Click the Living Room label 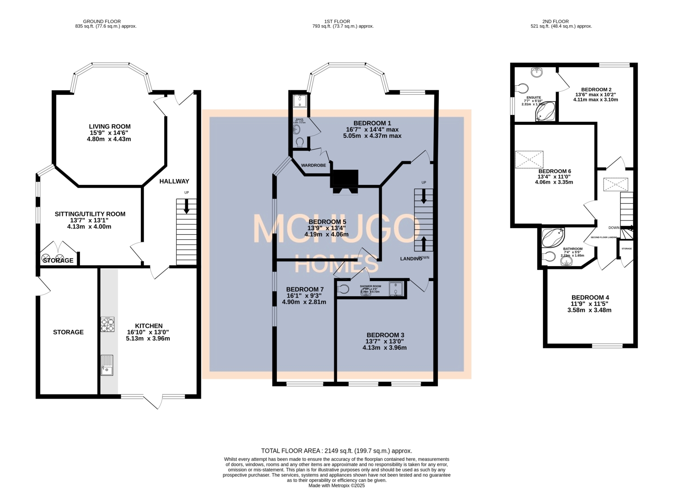(109, 127)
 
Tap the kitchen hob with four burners (107, 324)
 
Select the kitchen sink (107, 365)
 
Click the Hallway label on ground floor (174, 181)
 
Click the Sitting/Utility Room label (90, 214)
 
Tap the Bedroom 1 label (372, 123)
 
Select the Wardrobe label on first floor (313, 165)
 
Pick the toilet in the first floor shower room (344, 289)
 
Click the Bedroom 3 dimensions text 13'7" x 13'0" (385, 341)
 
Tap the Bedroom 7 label (305, 290)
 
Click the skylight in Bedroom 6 (529, 159)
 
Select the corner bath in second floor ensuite (545, 112)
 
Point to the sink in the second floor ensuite (537, 72)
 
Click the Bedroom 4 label (590, 298)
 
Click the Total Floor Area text (336, 451)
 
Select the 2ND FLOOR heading (555, 21)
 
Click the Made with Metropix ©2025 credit (336, 485)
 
